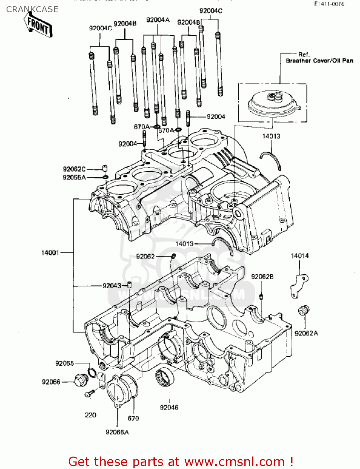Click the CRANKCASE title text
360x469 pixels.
pyautogui.click(x=32, y=9)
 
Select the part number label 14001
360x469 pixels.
pyautogui.click(x=50, y=253)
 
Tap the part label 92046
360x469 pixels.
pyautogui.click(x=169, y=407)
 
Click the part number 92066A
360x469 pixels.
pyautogui.click(x=117, y=432)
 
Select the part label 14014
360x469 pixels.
pyautogui.click(x=300, y=256)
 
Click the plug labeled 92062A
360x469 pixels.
pyautogui.click(x=303, y=311)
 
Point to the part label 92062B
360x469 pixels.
pyautogui.click(x=262, y=277)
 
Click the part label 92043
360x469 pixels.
pyautogui.click(x=112, y=286)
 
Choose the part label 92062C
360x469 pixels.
pyautogui.click(x=74, y=169)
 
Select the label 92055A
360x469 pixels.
pyautogui.click(x=74, y=177)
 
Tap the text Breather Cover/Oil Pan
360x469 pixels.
pyautogui.click(x=319, y=61)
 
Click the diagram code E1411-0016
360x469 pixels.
pyautogui.click(x=329, y=4)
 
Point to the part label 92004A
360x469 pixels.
pyautogui.click(x=158, y=20)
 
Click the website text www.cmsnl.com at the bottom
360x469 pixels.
pyautogui.click(x=234, y=461)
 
